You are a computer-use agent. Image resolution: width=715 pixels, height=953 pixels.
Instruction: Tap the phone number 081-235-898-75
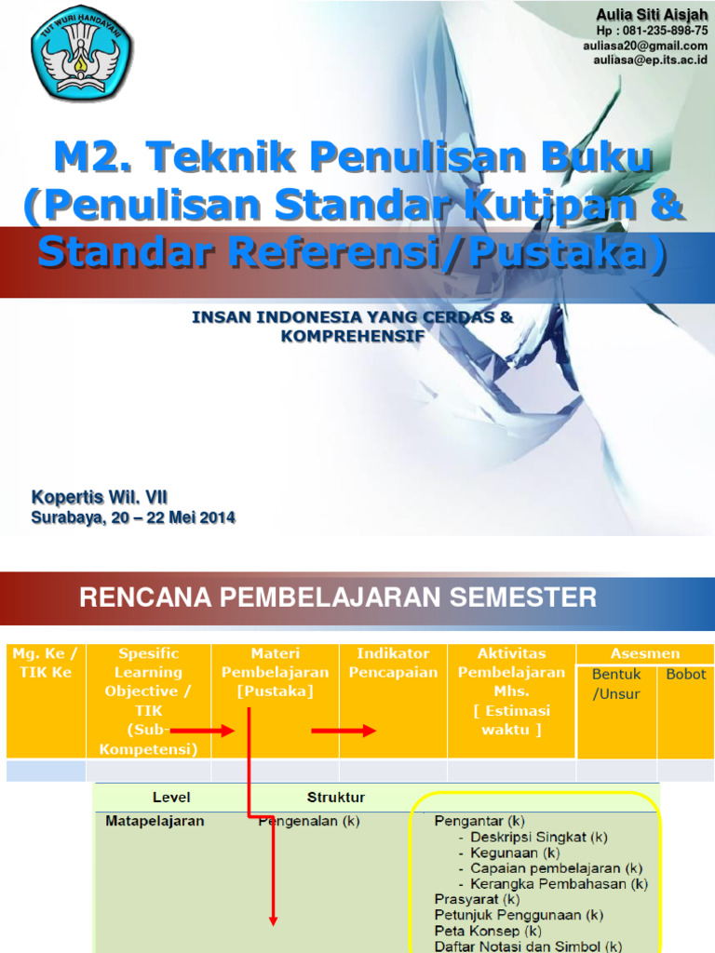pyautogui.click(x=659, y=30)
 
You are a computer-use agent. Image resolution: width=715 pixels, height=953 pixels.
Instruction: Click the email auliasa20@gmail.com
pyautogui.click(x=645, y=45)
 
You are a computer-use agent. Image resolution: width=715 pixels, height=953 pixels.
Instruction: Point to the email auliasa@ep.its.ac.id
pyautogui.click(x=651, y=60)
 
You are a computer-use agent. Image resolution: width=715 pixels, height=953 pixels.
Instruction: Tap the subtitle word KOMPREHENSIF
pyautogui.click(x=352, y=335)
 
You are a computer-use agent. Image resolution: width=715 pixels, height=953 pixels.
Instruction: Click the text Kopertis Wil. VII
pyautogui.click(x=100, y=498)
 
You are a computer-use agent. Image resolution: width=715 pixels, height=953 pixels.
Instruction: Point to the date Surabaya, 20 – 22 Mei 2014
pyautogui.click(x=133, y=517)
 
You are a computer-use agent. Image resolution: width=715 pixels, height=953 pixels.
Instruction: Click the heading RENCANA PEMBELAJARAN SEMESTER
pyautogui.click(x=338, y=597)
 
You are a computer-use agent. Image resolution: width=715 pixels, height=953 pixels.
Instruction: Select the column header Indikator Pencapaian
pyautogui.click(x=393, y=663)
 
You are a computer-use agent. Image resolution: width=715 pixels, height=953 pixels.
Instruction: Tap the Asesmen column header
pyautogui.click(x=644, y=653)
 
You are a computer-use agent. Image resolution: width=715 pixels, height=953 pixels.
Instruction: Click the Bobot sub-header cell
pyautogui.click(x=686, y=674)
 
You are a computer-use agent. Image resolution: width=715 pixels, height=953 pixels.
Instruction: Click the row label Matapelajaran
pyautogui.click(x=155, y=822)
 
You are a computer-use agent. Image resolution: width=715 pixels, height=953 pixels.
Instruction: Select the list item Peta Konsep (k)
pyautogui.click(x=488, y=930)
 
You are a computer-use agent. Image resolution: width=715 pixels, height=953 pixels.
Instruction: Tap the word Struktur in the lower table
pyautogui.click(x=336, y=798)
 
